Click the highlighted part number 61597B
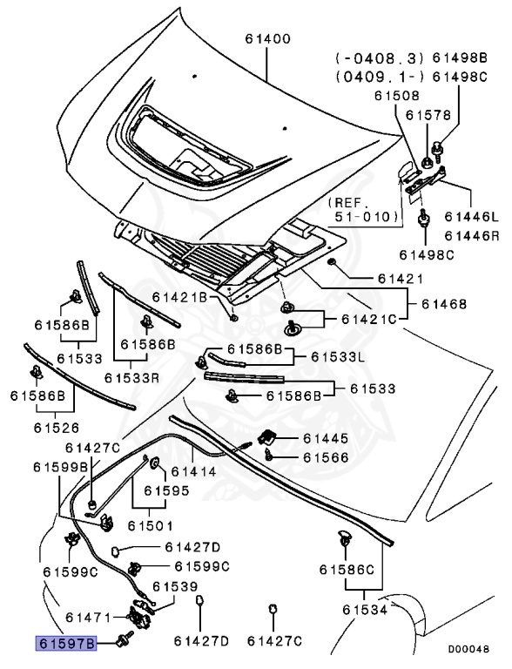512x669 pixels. [66, 643]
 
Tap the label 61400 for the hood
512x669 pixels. [268, 39]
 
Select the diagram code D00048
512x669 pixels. [468, 649]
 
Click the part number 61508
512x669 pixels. [397, 95]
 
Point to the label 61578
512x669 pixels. [428, 115]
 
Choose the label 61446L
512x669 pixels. [471, 217]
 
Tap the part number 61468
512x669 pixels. [444, 304]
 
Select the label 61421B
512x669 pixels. [179, 297]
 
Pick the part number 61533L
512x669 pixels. [338, 356]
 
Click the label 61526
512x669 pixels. [57, 428]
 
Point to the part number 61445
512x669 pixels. [326, 438]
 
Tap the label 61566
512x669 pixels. [326, 457]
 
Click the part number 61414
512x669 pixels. [193, 471]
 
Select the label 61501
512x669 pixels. [151, 525]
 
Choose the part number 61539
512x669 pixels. [175, 586]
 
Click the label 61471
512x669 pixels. [88, 618]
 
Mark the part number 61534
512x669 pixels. [365, 610]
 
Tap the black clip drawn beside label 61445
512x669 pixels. [267, 436]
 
